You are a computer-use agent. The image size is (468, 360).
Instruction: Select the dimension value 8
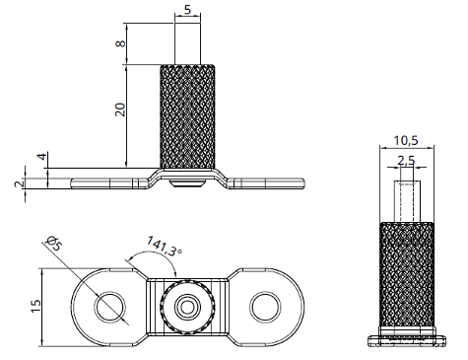click(120, 44)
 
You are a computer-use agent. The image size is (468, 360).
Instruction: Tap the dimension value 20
click(120, 108)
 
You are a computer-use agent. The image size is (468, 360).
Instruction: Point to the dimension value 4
click(41, 158)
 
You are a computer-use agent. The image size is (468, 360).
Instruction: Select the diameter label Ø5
click(57, 243)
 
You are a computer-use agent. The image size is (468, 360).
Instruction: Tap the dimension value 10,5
click(405, 139)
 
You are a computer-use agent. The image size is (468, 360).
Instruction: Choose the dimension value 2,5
click(405, 159)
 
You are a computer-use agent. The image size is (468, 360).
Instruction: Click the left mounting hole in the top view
click(109, 308)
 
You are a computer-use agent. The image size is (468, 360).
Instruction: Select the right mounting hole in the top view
click(265, 308)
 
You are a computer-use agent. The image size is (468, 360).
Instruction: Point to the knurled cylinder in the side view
click(405, 276)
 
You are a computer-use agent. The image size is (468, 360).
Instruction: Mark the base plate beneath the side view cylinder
click(405, 339)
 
